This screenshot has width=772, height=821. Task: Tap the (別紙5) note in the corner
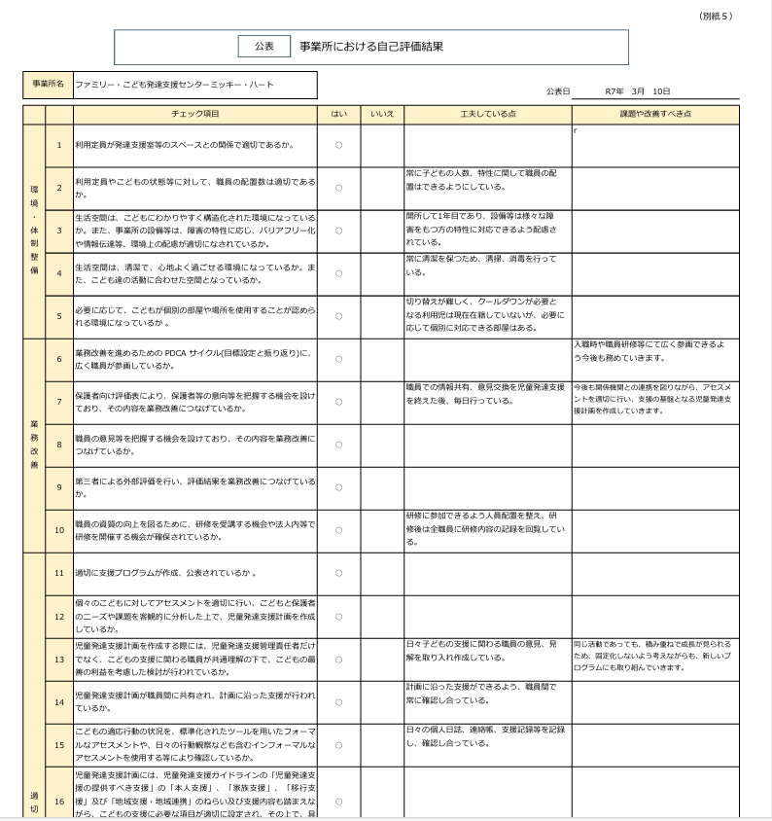717,17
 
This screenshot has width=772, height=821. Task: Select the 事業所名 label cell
47,85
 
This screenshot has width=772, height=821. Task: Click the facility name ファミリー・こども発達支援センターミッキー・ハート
175,85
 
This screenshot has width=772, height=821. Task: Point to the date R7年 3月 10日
637,91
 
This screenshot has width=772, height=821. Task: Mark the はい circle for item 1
338,145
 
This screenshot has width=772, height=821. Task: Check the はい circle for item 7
338,402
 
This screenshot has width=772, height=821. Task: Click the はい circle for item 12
338,617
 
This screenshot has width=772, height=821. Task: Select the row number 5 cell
59,316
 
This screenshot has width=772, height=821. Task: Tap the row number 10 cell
59,530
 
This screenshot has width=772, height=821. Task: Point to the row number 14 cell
59,701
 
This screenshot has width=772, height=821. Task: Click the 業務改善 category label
34,445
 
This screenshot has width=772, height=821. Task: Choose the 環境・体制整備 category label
34,231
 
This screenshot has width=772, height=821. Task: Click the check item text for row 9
195,487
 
